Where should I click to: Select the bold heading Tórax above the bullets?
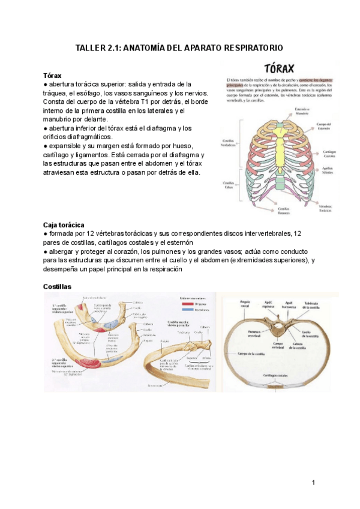pyautogui.click(x=53, y=76)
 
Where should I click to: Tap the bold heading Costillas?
pyautogui.click(x=58, y=287)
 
